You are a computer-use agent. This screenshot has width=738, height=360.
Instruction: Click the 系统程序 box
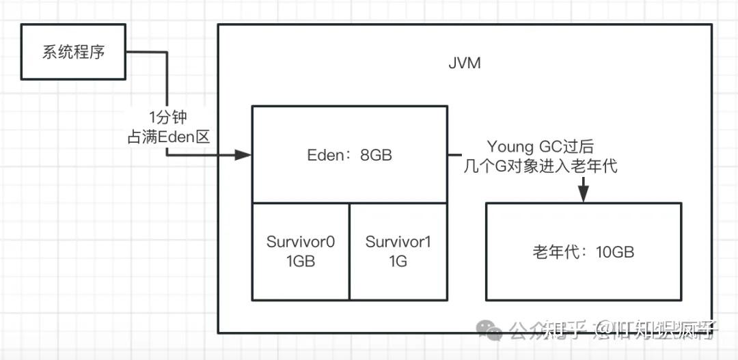(x=73, y=52)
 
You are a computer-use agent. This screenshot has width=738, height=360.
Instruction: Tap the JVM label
(x=464, y=64)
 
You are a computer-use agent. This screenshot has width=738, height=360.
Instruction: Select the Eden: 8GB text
(x=349, y=154)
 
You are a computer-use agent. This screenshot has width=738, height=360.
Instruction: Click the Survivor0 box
(x=301, y=251)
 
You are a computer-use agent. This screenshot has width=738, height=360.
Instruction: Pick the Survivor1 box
(x=398, y=251)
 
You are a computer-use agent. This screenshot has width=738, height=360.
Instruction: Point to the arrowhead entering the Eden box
(x=244, y=155)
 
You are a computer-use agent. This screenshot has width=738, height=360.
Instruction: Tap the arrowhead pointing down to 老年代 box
(x=583, y=194)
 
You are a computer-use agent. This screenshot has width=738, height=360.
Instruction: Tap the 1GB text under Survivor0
(x=301, y=261)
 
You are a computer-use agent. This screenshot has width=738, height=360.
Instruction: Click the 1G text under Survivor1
(x=398, y=261)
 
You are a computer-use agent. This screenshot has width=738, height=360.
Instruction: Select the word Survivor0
(x=301, y=242)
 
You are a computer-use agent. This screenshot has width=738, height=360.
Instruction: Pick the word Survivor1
(x=398, y=242)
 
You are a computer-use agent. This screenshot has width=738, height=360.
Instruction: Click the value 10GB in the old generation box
(x=614, y=252)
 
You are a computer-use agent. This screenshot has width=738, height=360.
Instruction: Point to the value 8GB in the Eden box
(x=376, y=154)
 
